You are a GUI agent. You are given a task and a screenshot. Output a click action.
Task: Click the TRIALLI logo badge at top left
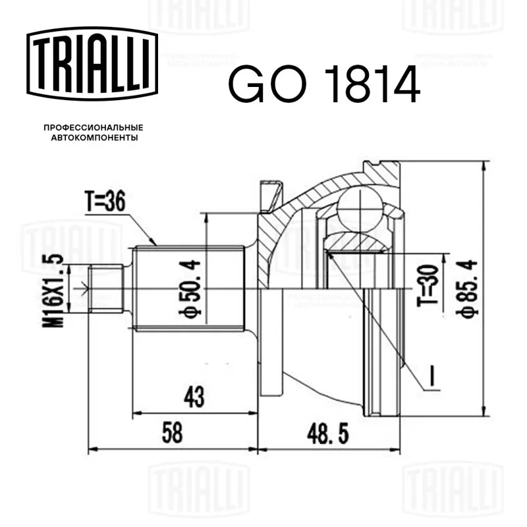click(92, 64)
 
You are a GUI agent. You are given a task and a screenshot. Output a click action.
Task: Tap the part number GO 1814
click(324, 84)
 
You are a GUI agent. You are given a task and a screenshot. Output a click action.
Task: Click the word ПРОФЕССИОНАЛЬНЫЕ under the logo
click(94, 128)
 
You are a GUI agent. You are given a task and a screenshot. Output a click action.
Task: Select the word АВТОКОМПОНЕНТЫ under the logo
click(94, 138)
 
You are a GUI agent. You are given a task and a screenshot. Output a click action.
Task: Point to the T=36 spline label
click(105, 202)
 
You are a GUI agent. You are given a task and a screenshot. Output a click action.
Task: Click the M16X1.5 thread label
click(53, 291)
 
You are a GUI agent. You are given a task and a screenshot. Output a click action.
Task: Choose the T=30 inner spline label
click(428, 286)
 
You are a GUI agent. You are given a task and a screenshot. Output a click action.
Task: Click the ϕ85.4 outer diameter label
click(467, 288)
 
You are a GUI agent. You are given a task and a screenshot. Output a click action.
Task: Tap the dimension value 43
click(194, 397)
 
